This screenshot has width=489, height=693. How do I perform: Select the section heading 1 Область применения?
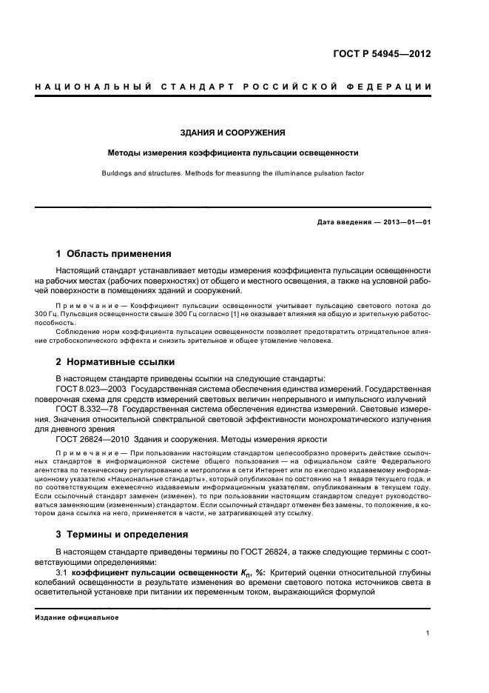[114, 253]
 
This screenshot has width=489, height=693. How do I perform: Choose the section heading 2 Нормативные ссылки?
[115, 362]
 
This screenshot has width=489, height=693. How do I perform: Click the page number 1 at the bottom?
[428, 633]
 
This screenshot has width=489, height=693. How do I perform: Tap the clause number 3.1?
[62, 572]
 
